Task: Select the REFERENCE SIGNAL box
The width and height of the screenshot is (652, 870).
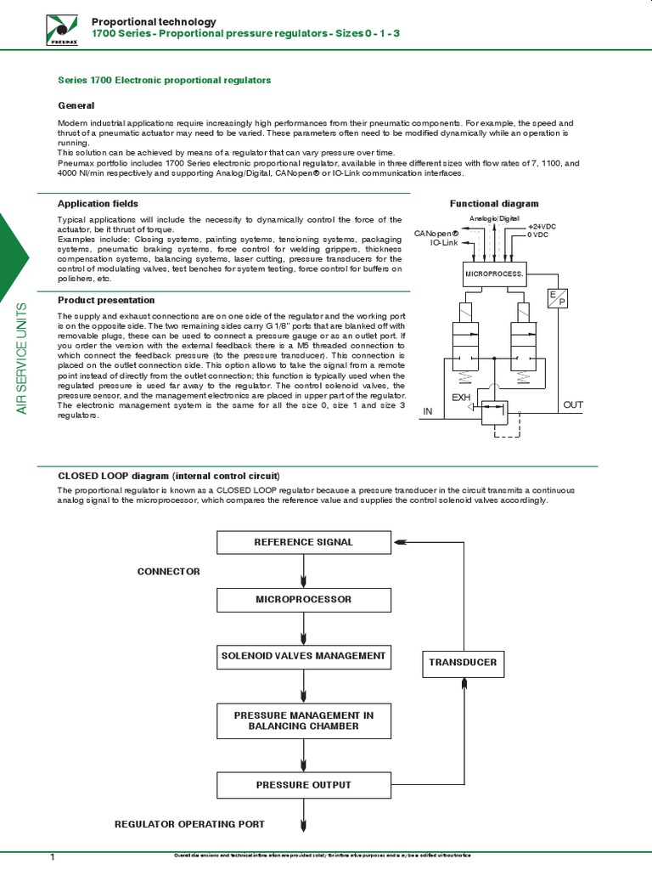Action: point(303,542)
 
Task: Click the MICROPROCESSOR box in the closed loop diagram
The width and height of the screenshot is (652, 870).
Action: point(303,600)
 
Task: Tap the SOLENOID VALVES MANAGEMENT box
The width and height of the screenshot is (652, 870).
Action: point(303,656)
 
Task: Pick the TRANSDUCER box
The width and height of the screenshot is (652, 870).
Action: point(463,663)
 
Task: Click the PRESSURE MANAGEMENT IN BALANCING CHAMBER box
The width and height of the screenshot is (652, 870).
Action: point(303,720)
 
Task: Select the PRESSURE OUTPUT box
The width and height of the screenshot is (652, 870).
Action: point(303,785)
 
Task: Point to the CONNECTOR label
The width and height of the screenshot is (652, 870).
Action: point(169,572)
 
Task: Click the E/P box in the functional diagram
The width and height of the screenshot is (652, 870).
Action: point(557,297)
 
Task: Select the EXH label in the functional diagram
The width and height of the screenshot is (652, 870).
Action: point(461,397)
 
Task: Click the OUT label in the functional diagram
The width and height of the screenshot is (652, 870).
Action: point(573,405)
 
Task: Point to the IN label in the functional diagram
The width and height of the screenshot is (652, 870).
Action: point(428,411)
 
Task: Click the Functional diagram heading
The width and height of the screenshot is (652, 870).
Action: point(493,204)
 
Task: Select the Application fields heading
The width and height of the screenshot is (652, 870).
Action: point(98,204)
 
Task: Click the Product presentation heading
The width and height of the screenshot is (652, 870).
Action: point(106,300)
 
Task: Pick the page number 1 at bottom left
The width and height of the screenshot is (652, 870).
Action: point(52,858)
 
